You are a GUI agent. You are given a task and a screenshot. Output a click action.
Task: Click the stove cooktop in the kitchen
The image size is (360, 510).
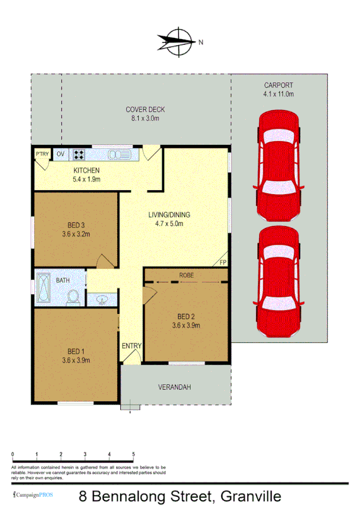[79, 155]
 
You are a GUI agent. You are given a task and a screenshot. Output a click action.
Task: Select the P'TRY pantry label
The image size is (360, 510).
[42, 155]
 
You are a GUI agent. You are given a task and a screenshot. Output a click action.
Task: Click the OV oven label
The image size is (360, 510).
[60, 155]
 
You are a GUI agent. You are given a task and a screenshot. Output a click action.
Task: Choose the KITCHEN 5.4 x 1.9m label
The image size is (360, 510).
[86, 174]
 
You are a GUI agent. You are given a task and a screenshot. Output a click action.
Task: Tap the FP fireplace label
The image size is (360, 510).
[222, 262]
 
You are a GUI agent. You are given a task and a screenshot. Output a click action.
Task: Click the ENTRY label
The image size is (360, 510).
[132, 346]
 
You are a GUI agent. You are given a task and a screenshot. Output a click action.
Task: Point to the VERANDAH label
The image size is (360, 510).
[174, 387]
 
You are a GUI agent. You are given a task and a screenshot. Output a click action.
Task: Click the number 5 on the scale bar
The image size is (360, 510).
[133, 455]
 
